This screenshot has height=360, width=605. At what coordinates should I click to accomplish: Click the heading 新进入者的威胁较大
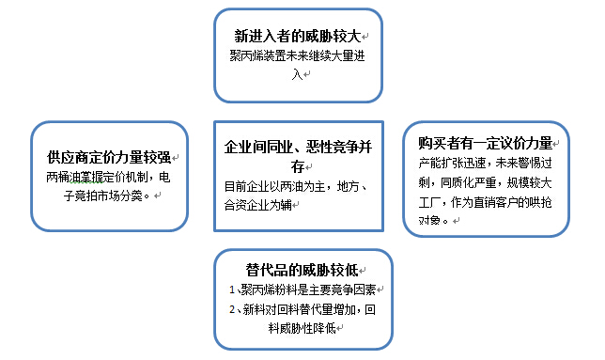299,36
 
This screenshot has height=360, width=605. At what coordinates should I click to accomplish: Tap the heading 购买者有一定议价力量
486,144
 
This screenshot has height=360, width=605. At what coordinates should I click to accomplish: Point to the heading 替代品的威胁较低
298,271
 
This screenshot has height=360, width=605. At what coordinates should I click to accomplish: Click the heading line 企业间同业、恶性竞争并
298,149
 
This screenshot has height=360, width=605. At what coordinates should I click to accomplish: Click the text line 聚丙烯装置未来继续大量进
298,55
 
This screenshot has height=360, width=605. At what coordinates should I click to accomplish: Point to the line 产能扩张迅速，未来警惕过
486,162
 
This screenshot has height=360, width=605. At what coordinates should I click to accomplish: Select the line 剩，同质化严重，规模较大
486,181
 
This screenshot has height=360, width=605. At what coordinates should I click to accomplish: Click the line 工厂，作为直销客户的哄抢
486,201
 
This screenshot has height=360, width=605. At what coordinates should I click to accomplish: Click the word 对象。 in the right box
434,220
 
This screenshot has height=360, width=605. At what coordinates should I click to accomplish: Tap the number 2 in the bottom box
232,309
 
